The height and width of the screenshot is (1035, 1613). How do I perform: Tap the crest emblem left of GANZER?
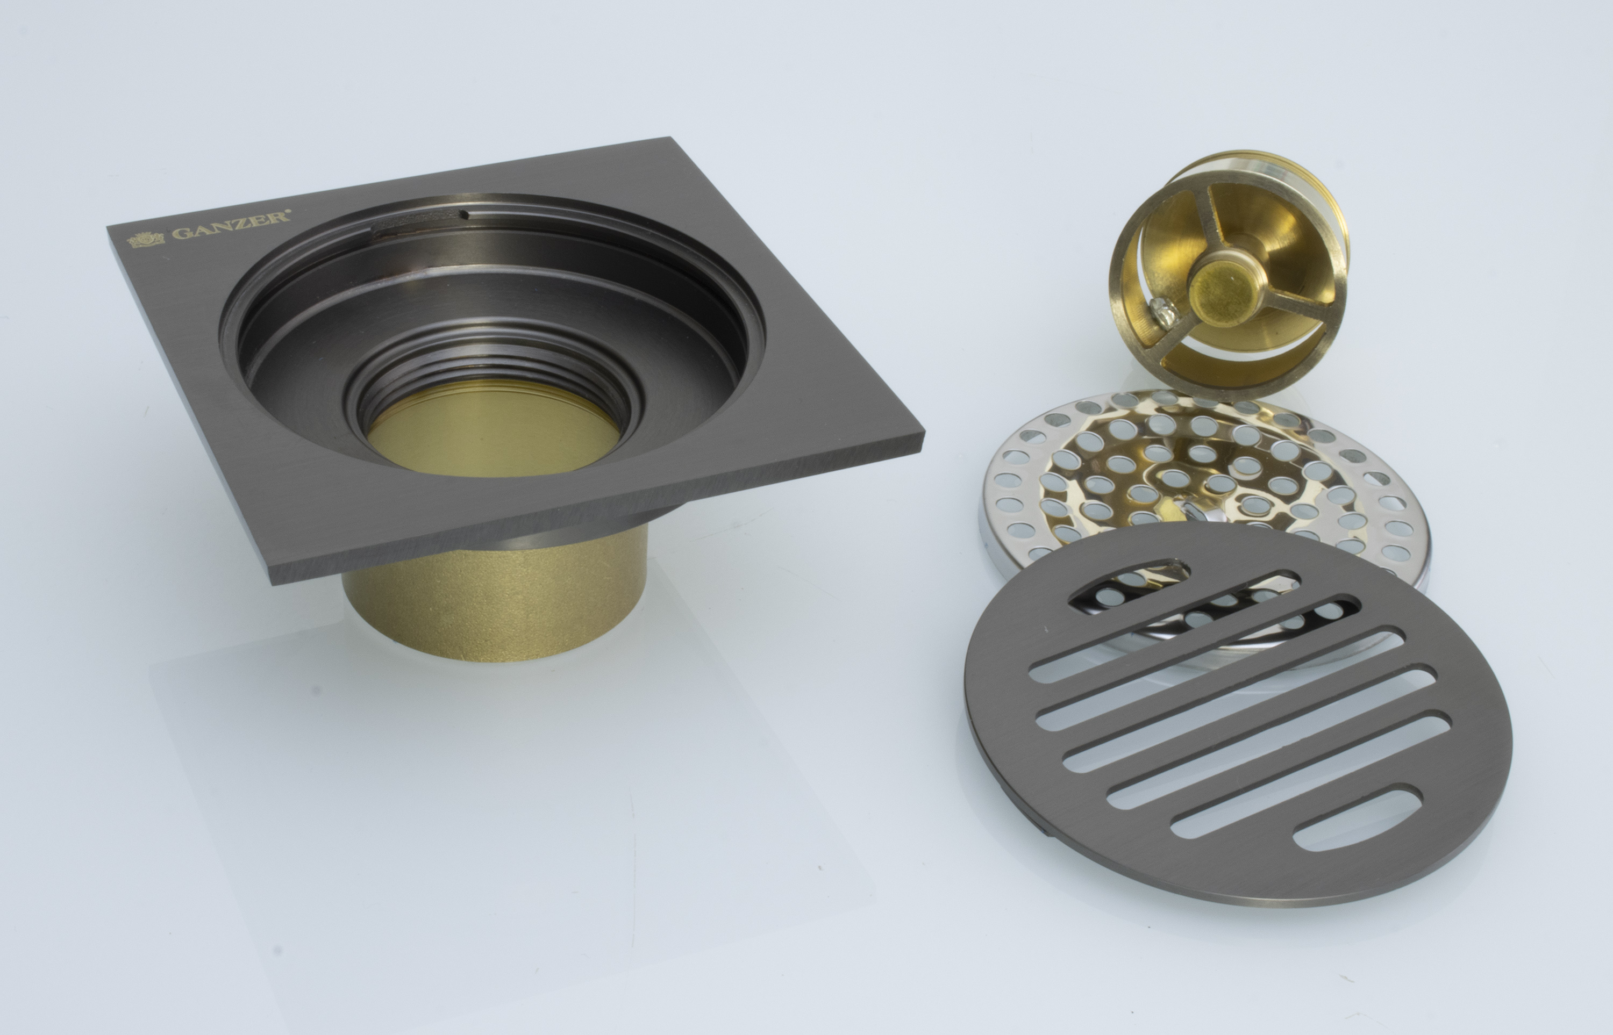pos(145,240)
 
